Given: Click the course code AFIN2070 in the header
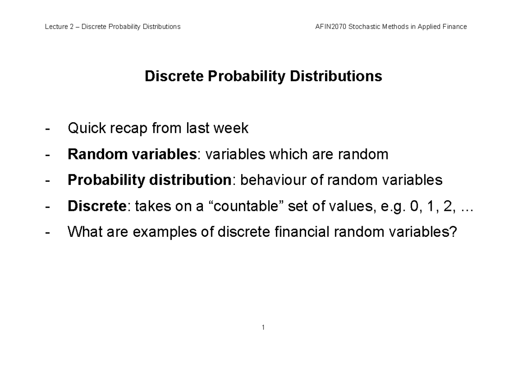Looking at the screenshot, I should tap(330, 27).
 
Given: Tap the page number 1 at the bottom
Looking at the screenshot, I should tap(263, 327).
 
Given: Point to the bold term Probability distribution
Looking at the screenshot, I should tap(149, 180).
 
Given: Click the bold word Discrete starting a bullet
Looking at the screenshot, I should tap(97, 206).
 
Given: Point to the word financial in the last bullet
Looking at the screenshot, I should tap(299, 232).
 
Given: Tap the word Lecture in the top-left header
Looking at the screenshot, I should tap(56, 27).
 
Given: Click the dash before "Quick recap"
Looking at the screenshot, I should tap(47, 129).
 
